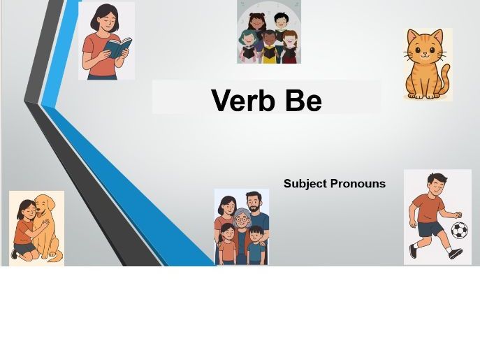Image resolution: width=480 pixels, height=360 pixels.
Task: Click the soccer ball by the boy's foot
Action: tap(458, 230)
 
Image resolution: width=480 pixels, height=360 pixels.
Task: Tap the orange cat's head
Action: tap(424, 48)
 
